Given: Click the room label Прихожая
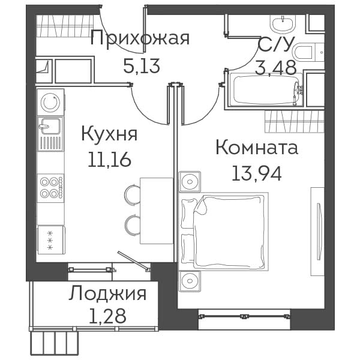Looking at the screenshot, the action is [140, 38].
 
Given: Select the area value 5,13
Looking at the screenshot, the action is [142, 65].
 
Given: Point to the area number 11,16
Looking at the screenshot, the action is [109, 160].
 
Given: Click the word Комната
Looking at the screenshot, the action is [257, 148].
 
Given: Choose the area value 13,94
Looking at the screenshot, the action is [257, 173].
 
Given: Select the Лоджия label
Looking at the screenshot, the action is [107, 293].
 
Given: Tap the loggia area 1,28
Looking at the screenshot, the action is [107, 316].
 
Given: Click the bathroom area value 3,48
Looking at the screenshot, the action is [275, 68].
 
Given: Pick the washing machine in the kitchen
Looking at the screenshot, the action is [50, 102].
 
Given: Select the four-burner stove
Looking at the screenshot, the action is [50, 188].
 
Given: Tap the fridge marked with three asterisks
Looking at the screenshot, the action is [51, 240].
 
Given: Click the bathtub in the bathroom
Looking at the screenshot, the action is [266, 90].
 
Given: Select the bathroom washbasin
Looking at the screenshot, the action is [283, 23].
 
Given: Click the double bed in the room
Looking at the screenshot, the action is [223, 232].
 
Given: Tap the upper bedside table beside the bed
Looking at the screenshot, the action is [190, 181].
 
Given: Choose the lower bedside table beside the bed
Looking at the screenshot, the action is [190, 281].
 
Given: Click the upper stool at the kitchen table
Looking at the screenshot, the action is [132, 194].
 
